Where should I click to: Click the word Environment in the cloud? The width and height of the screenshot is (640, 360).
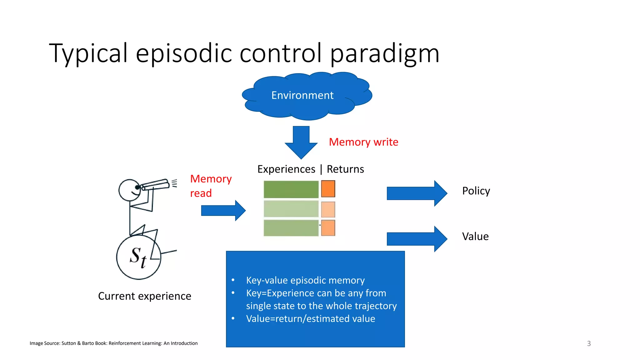click(x=302, y=95)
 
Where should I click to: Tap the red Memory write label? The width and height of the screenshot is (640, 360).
click(x=363, y=142)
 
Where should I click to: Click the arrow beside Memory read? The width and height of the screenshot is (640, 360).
click(x=223, y=211)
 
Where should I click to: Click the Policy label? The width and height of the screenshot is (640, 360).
click(x=476, y=191)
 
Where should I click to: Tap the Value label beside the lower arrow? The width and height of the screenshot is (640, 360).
click(x=475, y=237)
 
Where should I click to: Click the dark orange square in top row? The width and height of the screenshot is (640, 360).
click(x=328, y=189)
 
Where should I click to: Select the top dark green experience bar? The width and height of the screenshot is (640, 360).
click(x=291, y=189)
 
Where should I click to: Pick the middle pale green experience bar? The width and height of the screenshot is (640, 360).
click(x=291, y=209)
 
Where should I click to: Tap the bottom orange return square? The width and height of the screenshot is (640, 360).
click(x=328, y=228)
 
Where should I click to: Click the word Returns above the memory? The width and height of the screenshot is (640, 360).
click(x=345, y=169)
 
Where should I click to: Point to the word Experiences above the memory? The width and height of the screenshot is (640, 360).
click(x=286, y=169)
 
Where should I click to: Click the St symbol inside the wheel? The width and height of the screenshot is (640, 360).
click(x=138, y=257)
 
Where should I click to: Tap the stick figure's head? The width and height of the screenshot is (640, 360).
click(x=130, y=190)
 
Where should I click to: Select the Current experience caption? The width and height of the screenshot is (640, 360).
click(x=144, y=296)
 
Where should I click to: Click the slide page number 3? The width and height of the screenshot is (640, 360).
click(x=589, y=343)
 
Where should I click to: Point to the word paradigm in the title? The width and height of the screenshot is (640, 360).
click(x=385, y=53)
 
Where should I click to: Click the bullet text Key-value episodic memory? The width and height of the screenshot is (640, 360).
click(x=305, y=280)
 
